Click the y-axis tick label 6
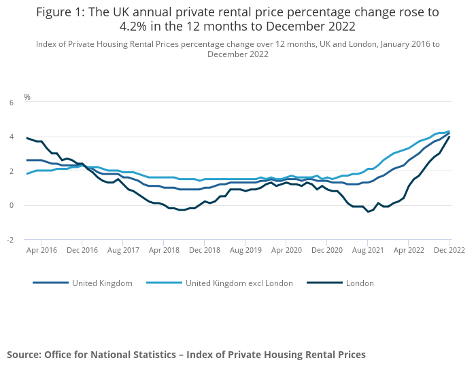(11, 103)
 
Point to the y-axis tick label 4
(11, 137)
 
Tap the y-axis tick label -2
(10, 240)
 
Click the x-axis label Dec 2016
(82, 250)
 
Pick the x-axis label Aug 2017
(123, 250)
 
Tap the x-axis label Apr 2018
(164, 250)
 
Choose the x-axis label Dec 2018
(205, 250)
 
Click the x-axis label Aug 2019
(245, 250)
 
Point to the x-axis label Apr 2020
(286, 250)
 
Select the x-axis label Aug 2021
(368, 250)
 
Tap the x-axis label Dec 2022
(449, 250)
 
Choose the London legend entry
(360, 283)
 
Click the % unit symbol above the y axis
(27, 97)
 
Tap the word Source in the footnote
(24, 355)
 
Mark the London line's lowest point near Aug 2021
(368, 211)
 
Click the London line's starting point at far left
(27, 138)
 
